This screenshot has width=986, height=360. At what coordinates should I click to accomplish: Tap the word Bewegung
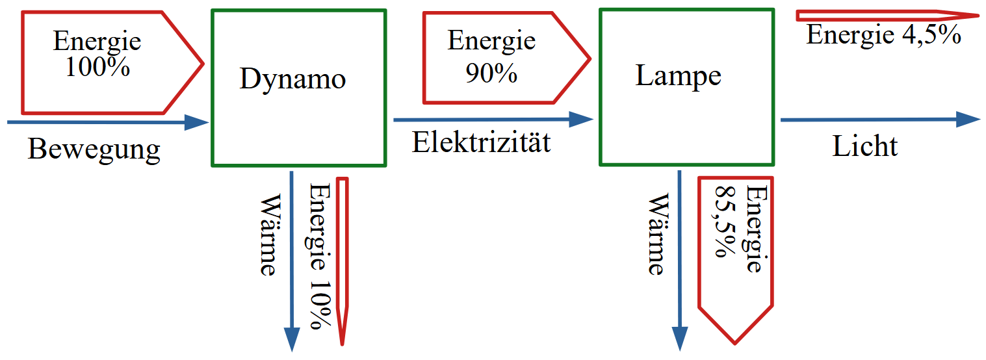[94, 149]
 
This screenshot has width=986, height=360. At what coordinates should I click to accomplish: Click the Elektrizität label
[481, 142]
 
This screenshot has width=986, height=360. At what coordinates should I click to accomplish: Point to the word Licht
[864, 146]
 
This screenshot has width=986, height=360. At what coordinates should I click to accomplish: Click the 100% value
[97, 68]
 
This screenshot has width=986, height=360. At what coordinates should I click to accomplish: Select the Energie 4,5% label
[883, 34]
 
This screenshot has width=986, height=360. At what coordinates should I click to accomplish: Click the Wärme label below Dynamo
[267, 234]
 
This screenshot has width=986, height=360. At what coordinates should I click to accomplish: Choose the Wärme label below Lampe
[656, 234]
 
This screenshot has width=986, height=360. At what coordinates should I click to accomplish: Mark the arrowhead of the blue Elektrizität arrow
[582, 119]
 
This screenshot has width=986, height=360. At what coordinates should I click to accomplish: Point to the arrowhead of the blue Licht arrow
[968, 119]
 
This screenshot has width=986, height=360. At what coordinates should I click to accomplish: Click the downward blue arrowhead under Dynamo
[292, 337]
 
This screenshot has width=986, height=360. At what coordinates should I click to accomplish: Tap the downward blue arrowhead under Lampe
[680, 337]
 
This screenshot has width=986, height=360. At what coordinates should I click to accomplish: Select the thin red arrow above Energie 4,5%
[884, 15]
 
